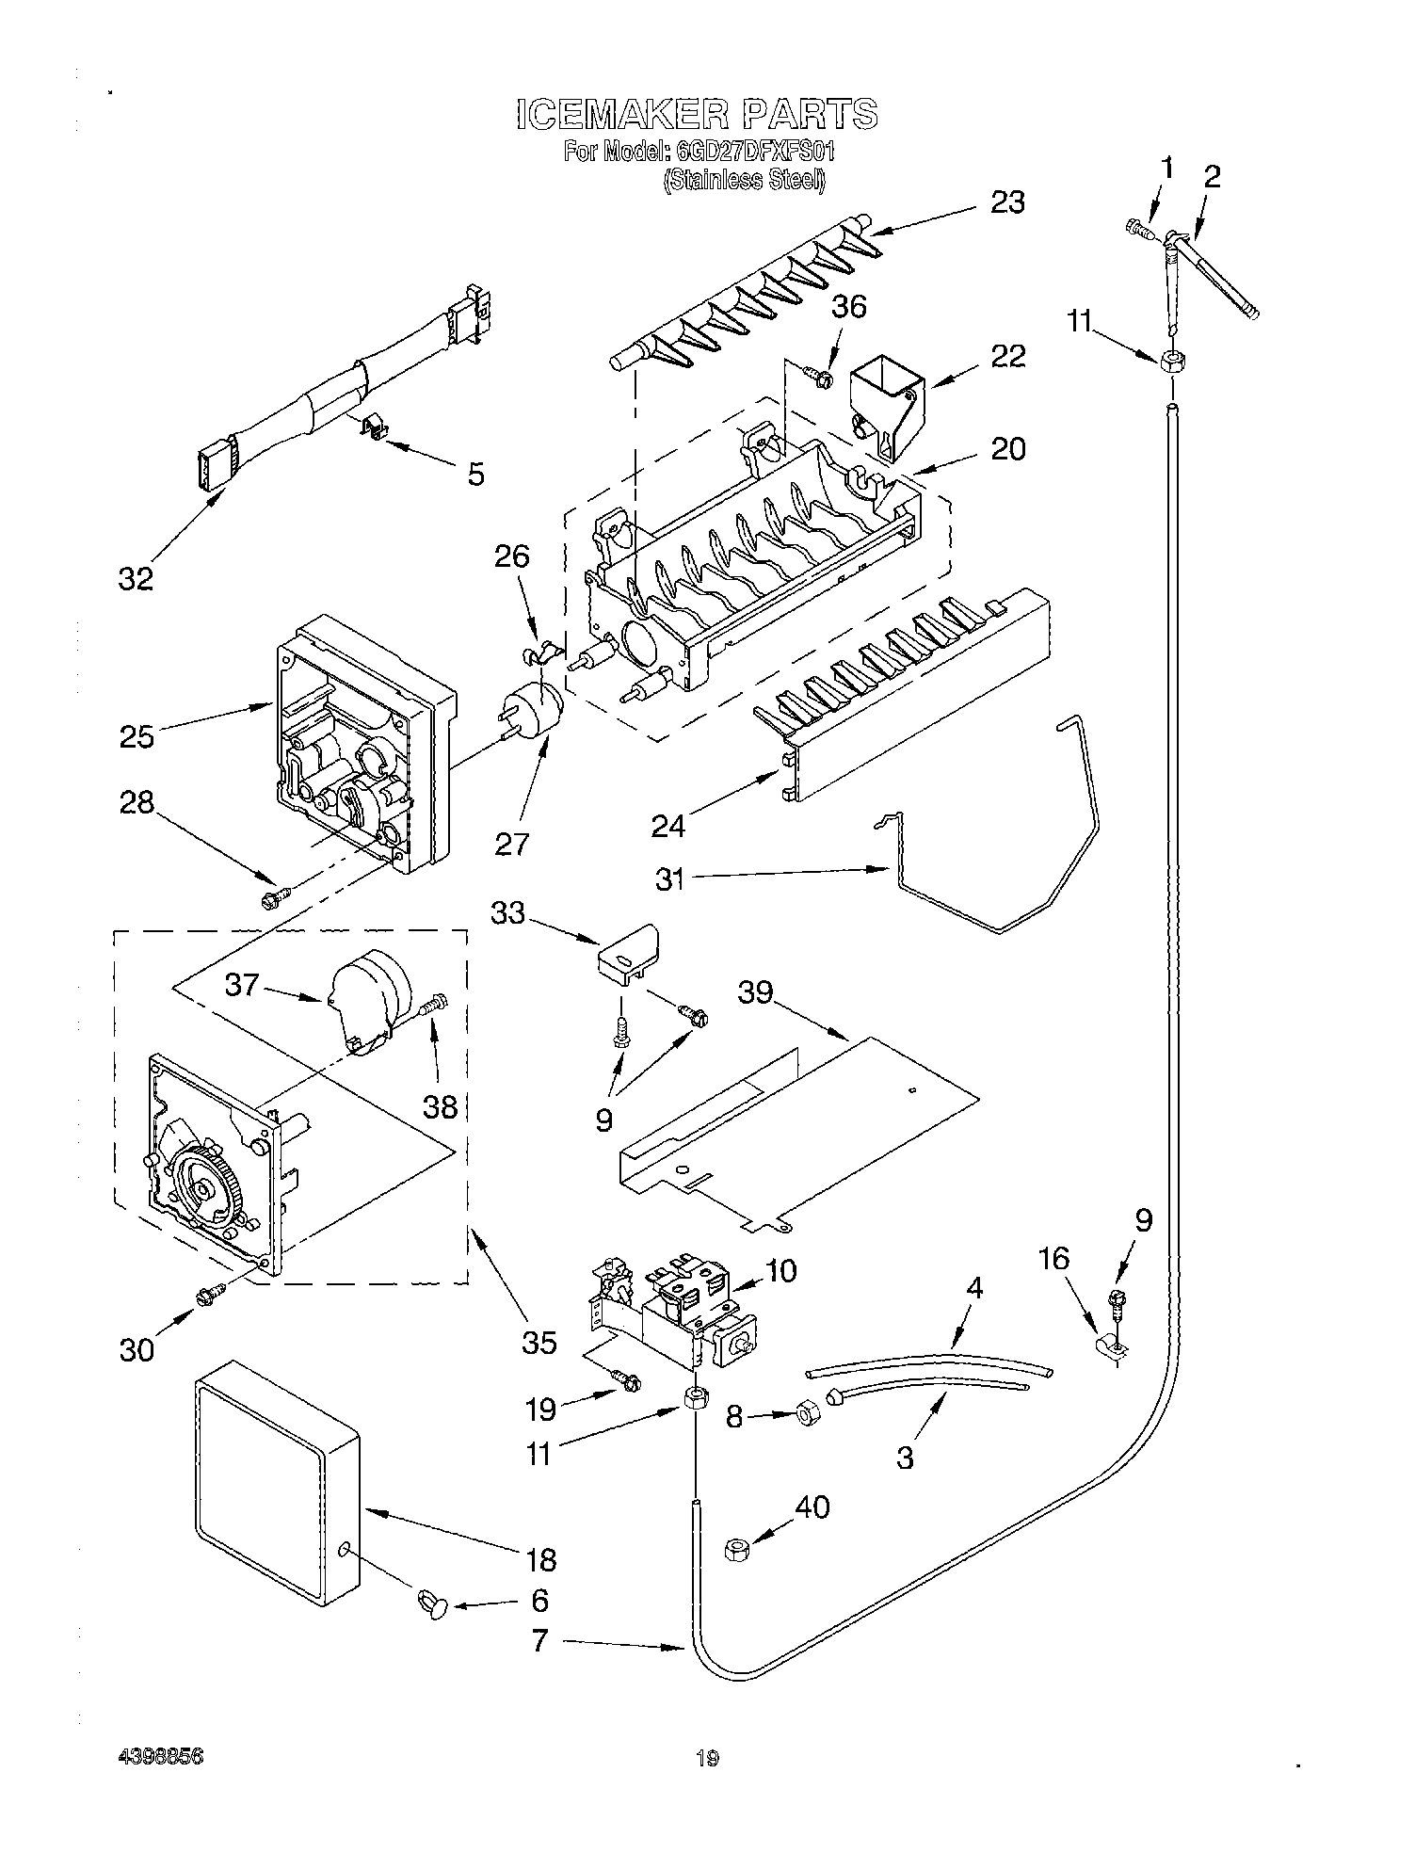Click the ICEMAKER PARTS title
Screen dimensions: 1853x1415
[x=697, y=114]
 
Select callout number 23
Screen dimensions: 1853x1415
[x=1006, y=202]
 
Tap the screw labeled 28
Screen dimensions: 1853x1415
[x=273, y=899]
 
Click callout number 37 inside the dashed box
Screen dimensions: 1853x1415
[x=241, y=986]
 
